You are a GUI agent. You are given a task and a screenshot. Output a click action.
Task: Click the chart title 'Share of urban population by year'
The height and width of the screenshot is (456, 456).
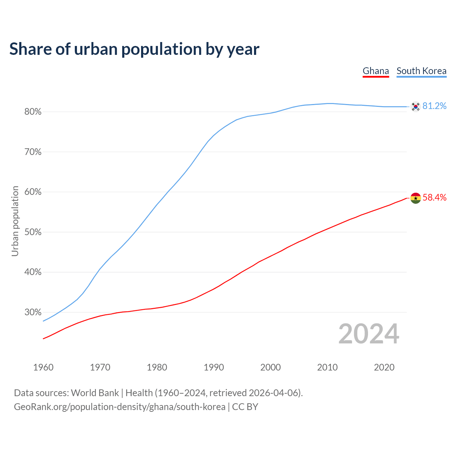(134, 49)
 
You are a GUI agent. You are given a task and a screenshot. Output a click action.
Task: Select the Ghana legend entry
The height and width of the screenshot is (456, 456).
(375, 71)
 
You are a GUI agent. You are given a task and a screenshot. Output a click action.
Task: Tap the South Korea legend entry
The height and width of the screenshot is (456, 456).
(421, 71)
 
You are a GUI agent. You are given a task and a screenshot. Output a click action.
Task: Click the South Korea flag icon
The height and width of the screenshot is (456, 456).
(415, 106)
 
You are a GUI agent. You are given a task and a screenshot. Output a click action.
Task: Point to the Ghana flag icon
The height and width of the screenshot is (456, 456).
(415, 198)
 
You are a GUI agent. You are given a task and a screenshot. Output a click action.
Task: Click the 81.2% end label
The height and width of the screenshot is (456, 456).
(434, 106)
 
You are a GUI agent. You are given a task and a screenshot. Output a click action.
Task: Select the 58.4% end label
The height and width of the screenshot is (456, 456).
(434, 198)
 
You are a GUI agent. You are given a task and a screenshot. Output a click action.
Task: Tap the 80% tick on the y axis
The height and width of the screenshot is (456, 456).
(33, 112)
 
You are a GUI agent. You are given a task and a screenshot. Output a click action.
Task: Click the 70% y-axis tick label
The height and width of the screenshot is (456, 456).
(33, 152)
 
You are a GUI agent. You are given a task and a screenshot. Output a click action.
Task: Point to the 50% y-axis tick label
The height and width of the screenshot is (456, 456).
(33, 232)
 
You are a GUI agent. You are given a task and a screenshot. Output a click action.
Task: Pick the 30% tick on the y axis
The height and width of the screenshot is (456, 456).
(33, 312)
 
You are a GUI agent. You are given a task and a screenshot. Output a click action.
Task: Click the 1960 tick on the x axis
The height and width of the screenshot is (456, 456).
(43, 367)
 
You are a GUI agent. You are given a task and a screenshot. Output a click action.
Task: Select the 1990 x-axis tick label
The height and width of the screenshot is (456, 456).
(214, 367)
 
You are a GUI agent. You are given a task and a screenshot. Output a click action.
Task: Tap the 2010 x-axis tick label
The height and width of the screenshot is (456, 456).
(327, 367)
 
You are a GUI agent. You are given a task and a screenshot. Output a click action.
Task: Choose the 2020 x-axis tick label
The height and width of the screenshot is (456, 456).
(384, 367)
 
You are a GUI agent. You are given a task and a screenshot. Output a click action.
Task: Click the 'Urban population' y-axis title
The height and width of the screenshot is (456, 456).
(15, 221)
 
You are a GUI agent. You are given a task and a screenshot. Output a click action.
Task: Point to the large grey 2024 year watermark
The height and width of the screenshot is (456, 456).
(368, 334)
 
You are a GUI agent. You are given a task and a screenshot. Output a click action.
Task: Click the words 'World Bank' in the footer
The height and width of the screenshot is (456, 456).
(95, 393)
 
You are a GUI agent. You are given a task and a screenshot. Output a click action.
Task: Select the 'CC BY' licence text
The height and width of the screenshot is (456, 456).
(245, 407)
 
